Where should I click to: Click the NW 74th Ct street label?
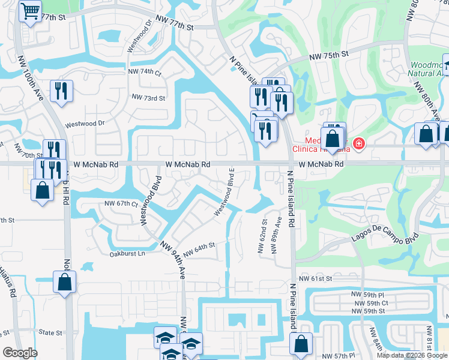click(x=145, y=72)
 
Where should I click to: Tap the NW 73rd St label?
click(x=148, y=97)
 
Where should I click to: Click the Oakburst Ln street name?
click(x=127, y=254)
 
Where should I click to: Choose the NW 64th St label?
click(x=199, y=248)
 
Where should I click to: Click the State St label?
click(x=50, y=332)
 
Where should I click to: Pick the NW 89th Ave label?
click(x=278, y=235)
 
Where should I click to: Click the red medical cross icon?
click(x=358, y=143)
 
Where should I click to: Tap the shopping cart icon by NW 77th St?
click(x=29, y=11)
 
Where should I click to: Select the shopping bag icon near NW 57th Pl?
click(x=301, y=344)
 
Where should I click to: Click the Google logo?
click(x=20, y=353)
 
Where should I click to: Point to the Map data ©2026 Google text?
click(x=411, y=355)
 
